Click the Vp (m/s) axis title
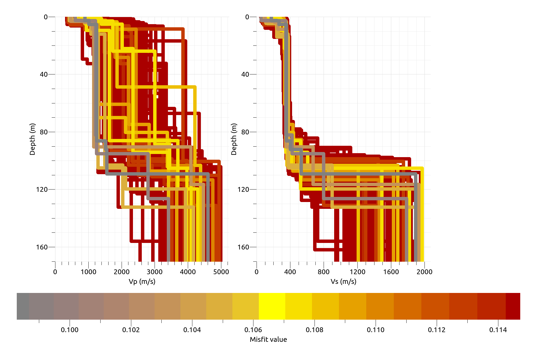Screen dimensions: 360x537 point(142,281)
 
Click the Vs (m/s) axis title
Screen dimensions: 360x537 point(343,281)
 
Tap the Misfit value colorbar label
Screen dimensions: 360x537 point(268,339)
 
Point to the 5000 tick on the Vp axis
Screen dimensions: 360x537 point(221,272)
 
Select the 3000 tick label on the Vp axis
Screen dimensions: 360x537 point(155,272)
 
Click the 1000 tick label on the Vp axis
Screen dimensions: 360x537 point(88,272)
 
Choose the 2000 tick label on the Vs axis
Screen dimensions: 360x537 point(424,272)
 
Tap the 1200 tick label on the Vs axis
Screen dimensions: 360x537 point(357,272)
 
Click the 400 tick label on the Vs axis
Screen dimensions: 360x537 point(290,272)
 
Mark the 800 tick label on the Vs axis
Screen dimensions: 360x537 point(324,272)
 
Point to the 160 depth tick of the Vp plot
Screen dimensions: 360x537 point(42,247)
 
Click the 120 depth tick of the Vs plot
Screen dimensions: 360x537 point(243,189)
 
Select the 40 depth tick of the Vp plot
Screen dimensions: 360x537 point(43,74)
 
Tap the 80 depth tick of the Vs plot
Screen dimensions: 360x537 point(245,132)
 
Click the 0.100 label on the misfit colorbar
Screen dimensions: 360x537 point(70,330)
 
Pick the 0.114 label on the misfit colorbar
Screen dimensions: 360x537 point(498,330)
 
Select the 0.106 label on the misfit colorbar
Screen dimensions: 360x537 point(253,330)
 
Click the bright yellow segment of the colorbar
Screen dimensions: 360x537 point(272,306)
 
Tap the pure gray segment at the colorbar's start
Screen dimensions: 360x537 point(23,306)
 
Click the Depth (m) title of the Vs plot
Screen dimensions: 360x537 point(234,139)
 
